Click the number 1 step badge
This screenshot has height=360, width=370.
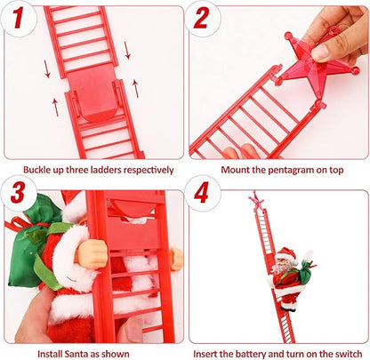[15, 17]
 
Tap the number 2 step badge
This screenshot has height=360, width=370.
[204, 17]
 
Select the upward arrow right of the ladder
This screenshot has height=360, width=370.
[135, 87]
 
